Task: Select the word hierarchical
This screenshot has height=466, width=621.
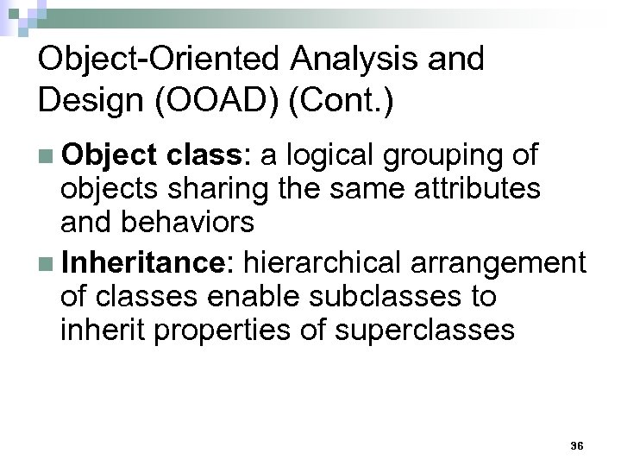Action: pyautogui.click(x=333, y=260)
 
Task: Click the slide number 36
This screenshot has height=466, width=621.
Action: pyautogui.click(x=577, y=445)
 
